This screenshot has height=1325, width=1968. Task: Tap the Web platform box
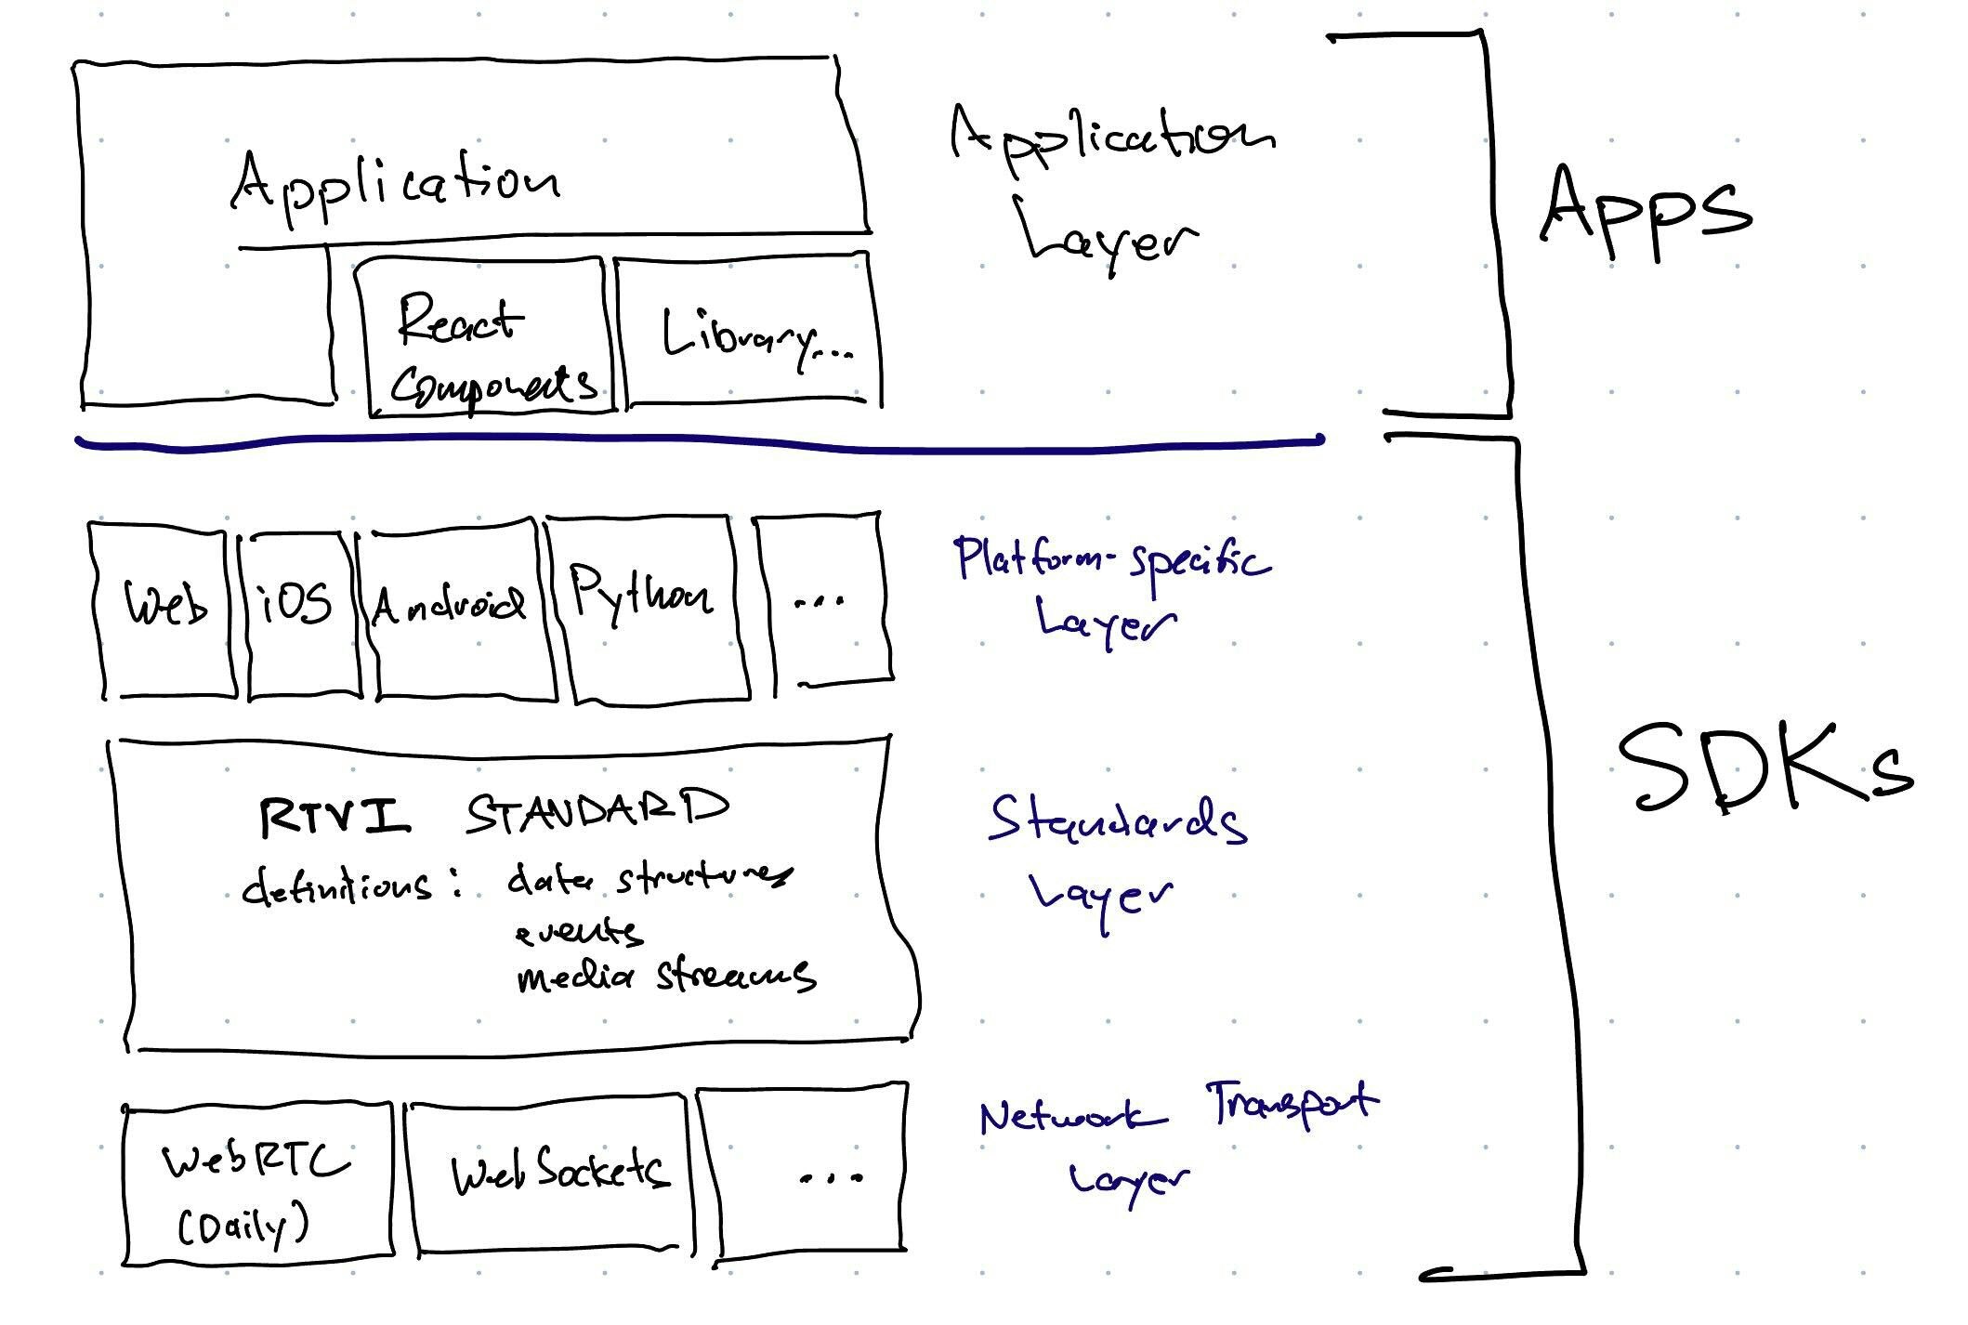pyautogui.click(x=165, y=609)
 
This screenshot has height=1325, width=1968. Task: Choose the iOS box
pyautogui.click(x=299, y=609)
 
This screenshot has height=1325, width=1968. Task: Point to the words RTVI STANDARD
pyautogui.click(x=492, y=813)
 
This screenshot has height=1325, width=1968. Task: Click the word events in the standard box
pyautogui.click(x=578, y=932)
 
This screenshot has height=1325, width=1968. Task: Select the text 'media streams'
pyautogui.click(x=665, y=976)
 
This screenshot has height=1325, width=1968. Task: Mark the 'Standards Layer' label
pyautogui.click(x=1115, y=855)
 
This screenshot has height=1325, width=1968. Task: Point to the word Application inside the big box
pyautogui.click(x=395, y=186)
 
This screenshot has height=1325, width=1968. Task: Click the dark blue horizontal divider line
pyautogui.click(x=697, y=444)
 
